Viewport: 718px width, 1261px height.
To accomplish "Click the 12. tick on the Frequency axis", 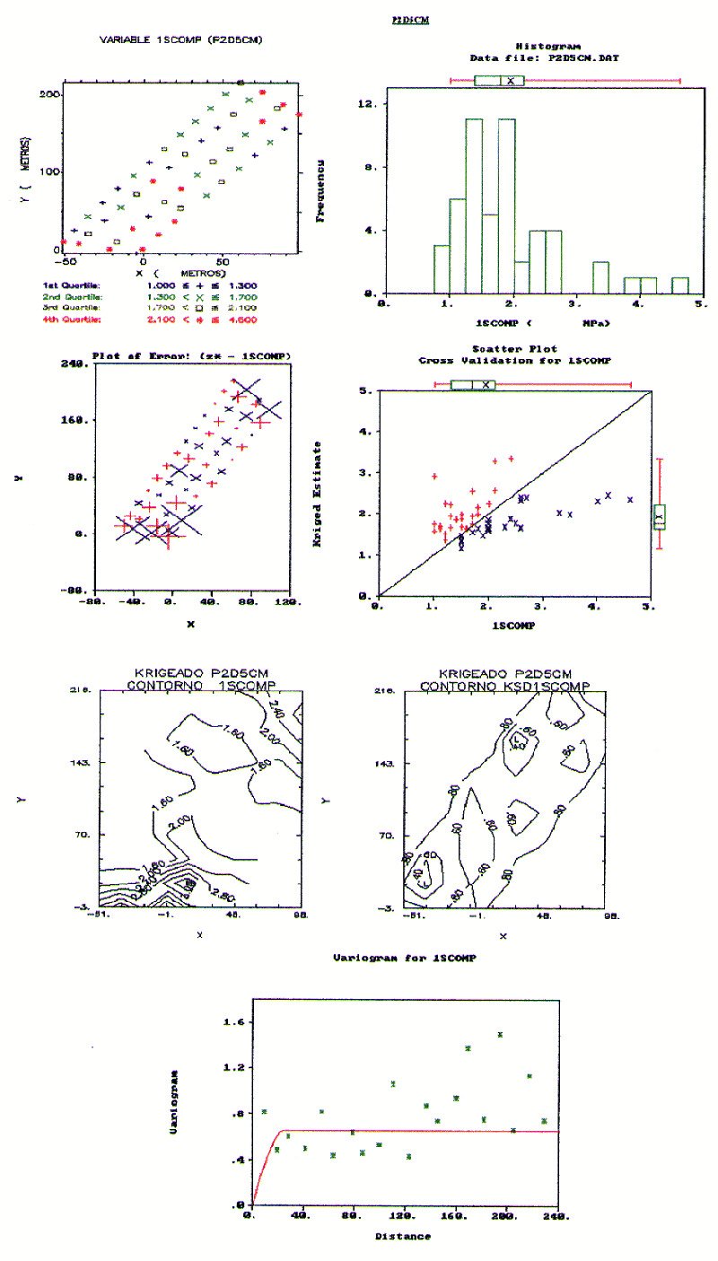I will pos(369,104).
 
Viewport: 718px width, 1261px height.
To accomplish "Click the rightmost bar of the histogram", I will pos(680,285).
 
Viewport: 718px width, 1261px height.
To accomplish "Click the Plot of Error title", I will pos(190,356).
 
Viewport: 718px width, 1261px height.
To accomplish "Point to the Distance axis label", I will pos(402,1236).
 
